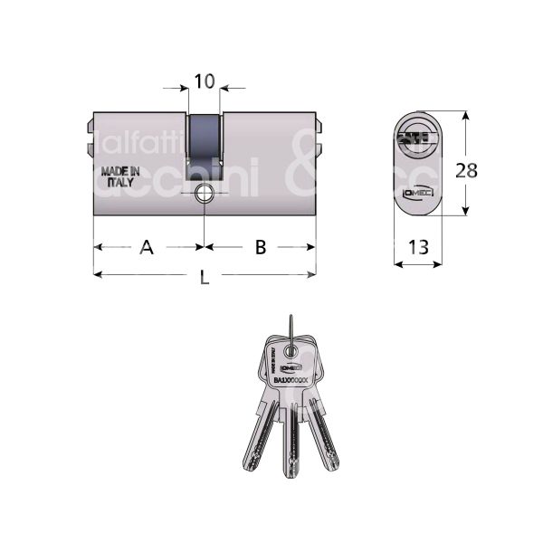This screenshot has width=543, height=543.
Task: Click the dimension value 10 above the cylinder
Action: pyautogui.click(x=204, y=82)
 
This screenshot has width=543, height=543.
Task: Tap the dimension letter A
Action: pyautogui.click(x=146, y=247)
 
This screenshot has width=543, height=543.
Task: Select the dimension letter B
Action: pyautogui.click(x=260, y=247)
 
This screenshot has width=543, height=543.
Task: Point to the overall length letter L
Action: pyautogui.click(x=204, y=280)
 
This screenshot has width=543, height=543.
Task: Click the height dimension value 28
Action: pyautogui.click(x=467, y=170)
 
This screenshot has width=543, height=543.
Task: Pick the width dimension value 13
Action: pyautogui.click(x=417, y=247)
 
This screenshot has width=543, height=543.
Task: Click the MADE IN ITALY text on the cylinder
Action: pyautogui.click(x=120, y=175)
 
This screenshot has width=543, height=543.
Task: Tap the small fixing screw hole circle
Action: pyautogui.click(x=205, y=193)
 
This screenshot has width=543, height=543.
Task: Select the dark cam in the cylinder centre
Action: pyautogui.click(x=204, y=145)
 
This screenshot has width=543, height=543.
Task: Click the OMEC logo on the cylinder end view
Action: pyautogui.click(x=417, y=192)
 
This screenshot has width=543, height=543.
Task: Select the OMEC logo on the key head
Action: pyautogui.click(x=291, y=368)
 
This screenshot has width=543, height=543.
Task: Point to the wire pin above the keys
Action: pyautogui.click(x=291, y=326)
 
